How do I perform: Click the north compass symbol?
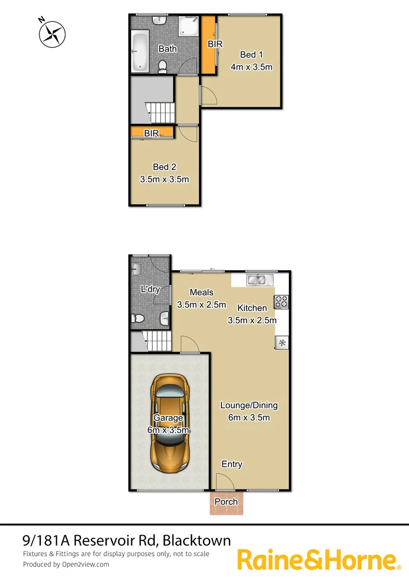click(52, 33)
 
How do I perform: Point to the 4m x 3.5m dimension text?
click(251, 68)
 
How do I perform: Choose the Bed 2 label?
click(164, 167)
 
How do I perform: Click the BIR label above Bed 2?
click(152, 133)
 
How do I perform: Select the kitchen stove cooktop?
click(281, 302)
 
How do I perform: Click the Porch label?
click(226, 502)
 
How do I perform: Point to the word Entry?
click(232, 464)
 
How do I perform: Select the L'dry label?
click(151, 289)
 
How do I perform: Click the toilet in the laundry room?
click(138, 318)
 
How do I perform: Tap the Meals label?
click(202, 292)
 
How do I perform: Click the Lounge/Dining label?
click(249, 405)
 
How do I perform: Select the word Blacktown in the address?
click(197, 540)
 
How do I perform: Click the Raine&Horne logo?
click(319, 560)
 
